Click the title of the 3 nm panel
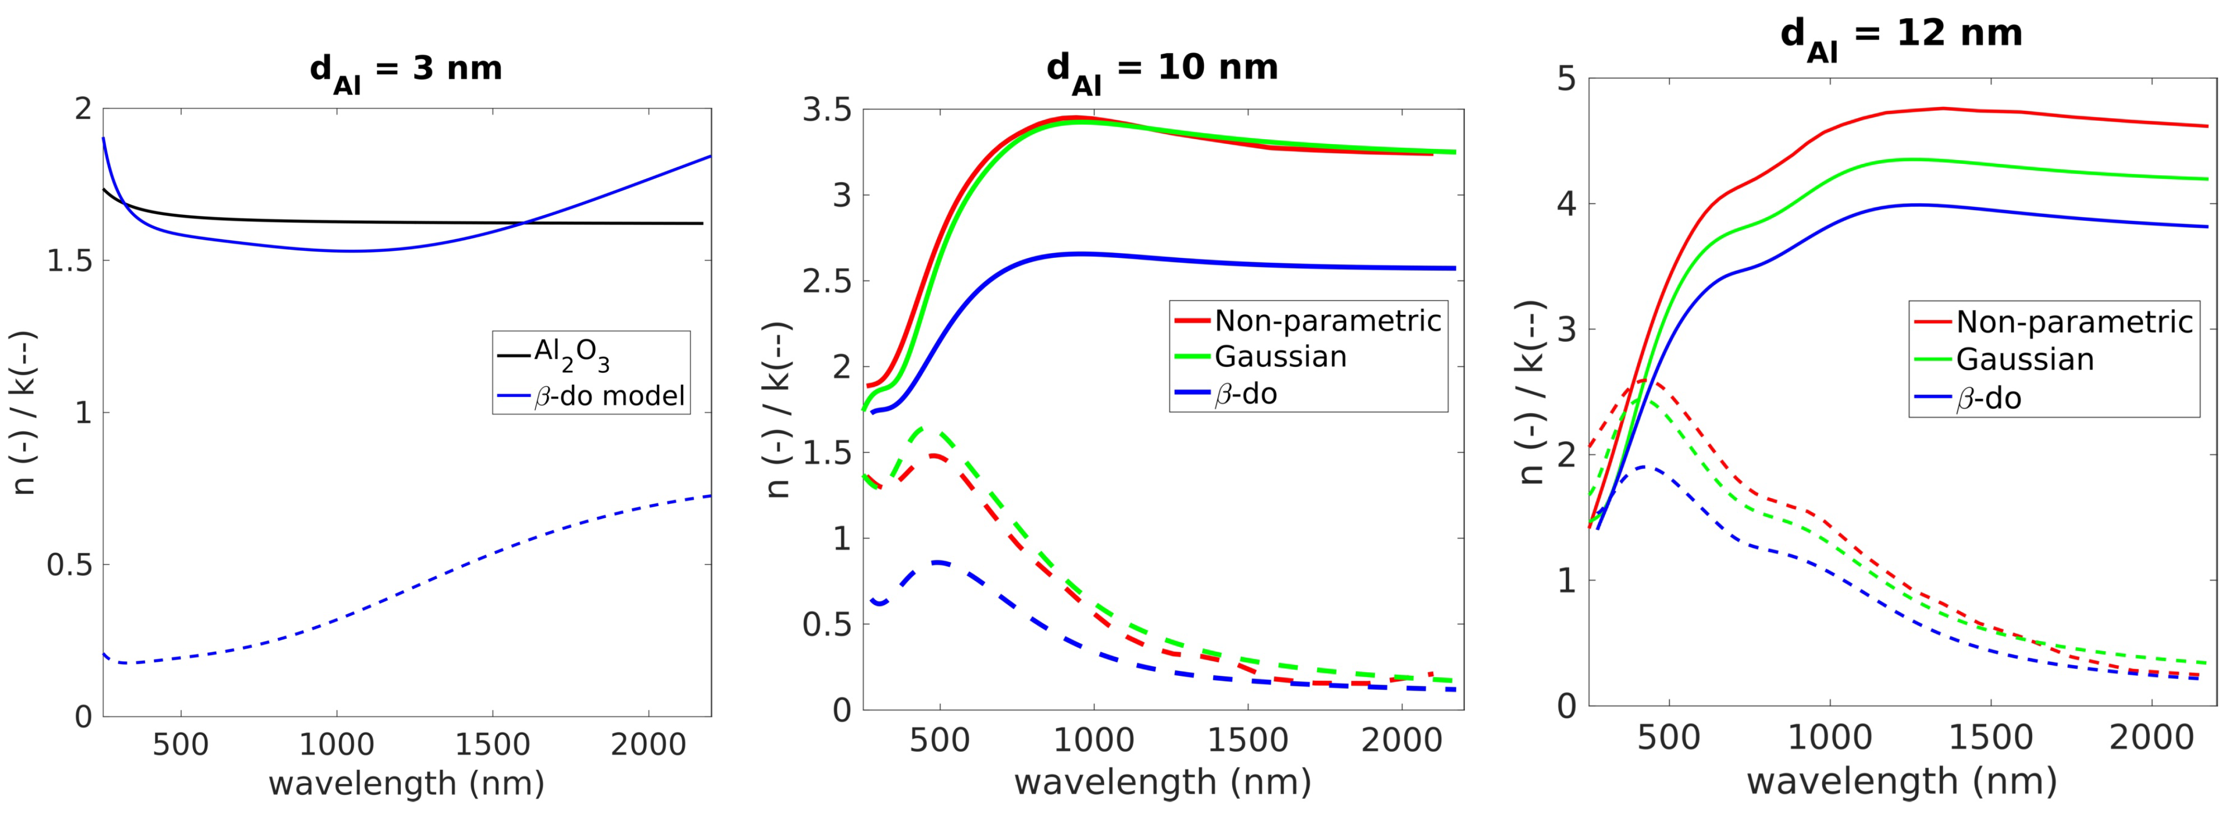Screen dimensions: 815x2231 [x=406, y=69]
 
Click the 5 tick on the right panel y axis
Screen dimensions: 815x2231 [x=1566, y=80]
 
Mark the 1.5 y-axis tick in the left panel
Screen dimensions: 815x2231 [x=69, y=261]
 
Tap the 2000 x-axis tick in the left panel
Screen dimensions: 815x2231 [x=648, y=743]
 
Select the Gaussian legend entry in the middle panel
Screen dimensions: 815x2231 [x=1280, y=357]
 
